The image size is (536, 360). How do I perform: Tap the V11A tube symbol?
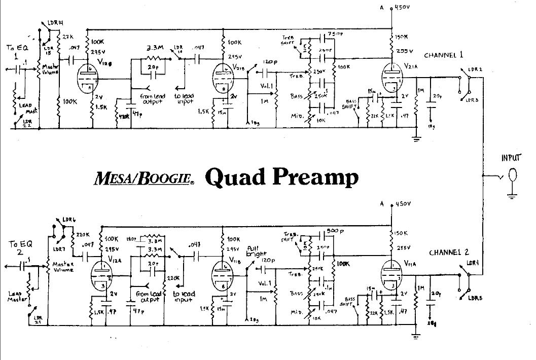[x=391, y=275]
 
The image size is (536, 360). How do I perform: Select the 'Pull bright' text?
[x=254, y=252]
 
